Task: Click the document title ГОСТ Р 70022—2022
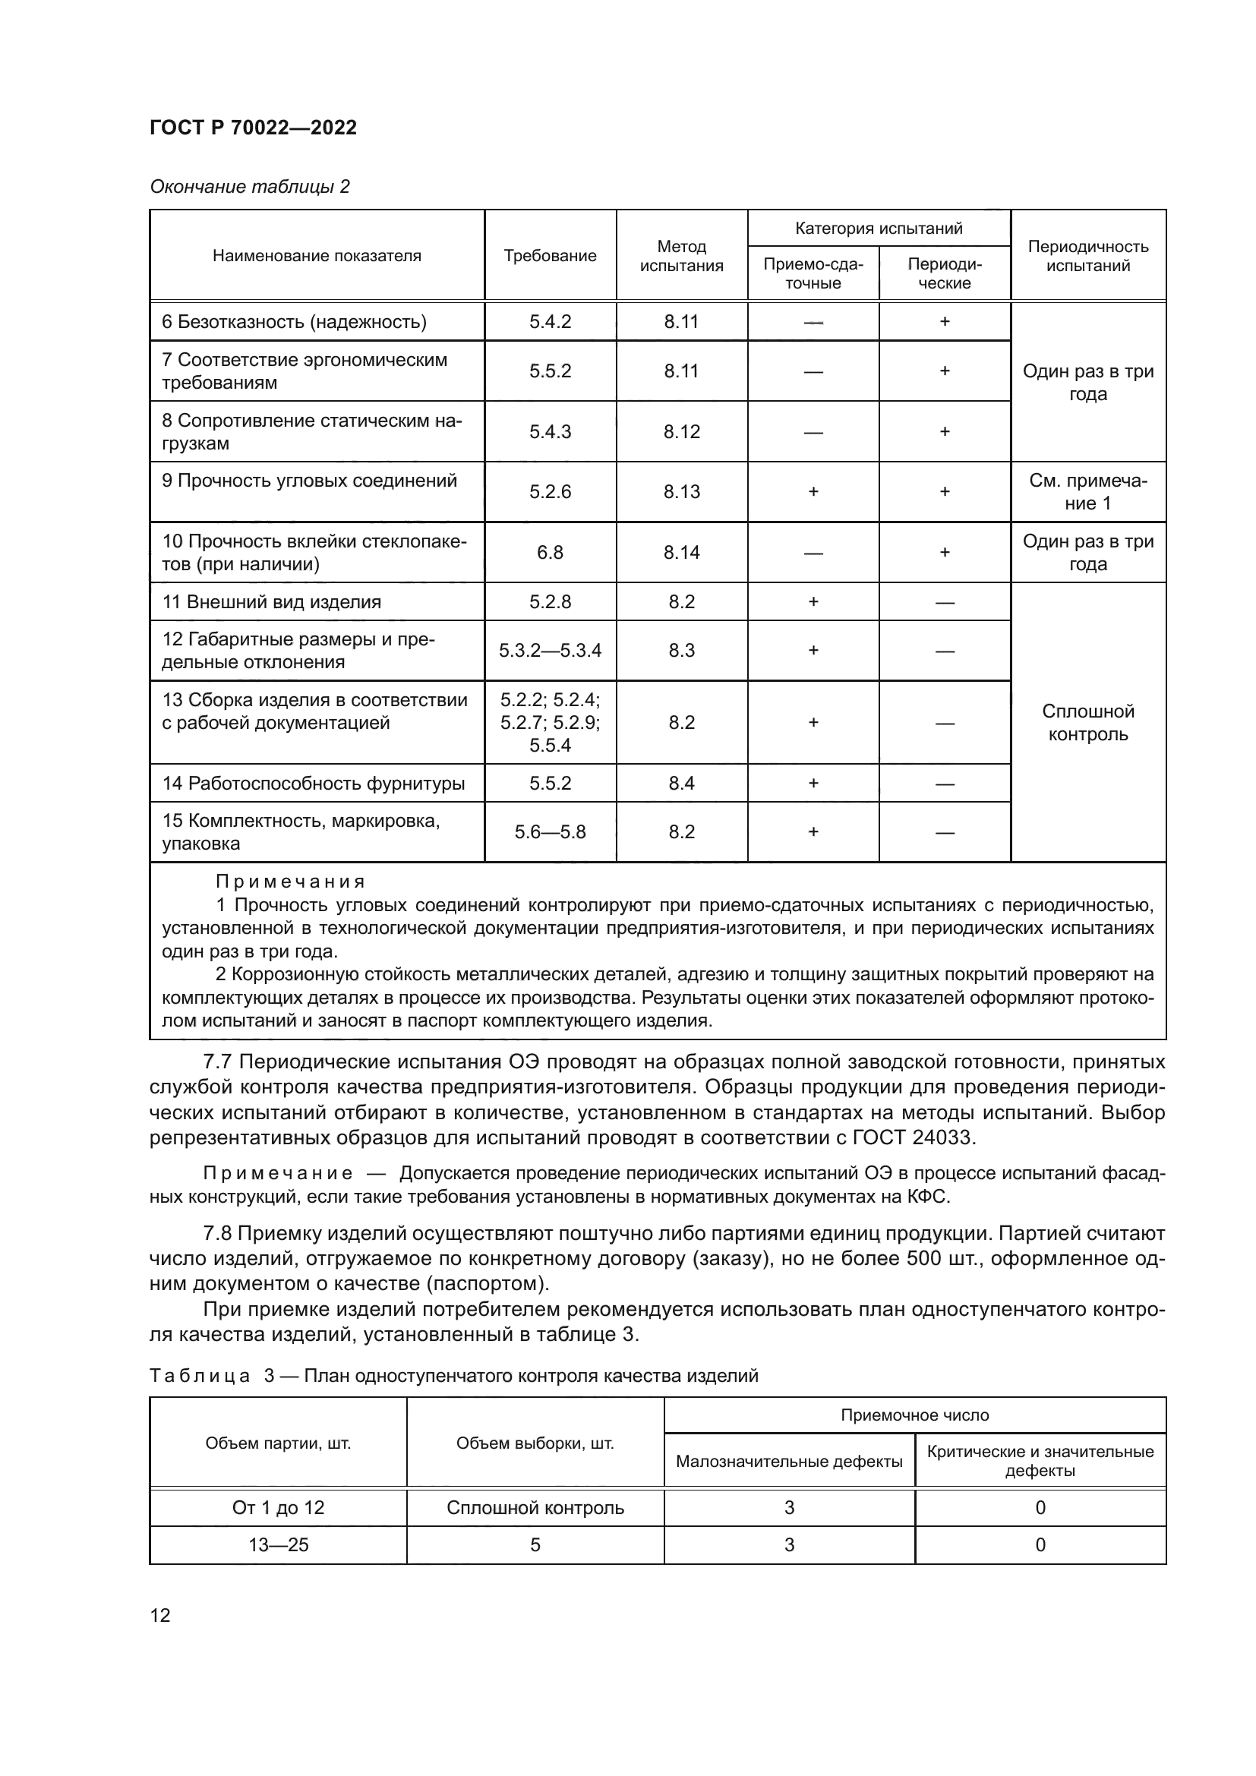coord(253,128)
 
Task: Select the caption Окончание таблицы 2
coord(249,187)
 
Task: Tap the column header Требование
coord(550,256)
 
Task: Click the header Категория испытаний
coord(879,229)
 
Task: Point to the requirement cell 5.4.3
coord(550,431)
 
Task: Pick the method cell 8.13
coord(681,492)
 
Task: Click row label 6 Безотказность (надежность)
coord(294,322)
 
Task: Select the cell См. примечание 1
coord(1087,492)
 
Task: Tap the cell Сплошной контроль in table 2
coord(1087,722)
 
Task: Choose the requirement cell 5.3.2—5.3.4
coord(550,651)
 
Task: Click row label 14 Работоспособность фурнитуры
coord(313,784)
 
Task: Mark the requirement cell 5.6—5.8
coord(550,832)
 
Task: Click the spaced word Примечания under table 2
coord(289,882)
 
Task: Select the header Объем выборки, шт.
coord(535,1443)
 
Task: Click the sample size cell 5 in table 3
coord(535,1544)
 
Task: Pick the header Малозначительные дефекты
coord(789,1461)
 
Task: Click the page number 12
coord(160,1615)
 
